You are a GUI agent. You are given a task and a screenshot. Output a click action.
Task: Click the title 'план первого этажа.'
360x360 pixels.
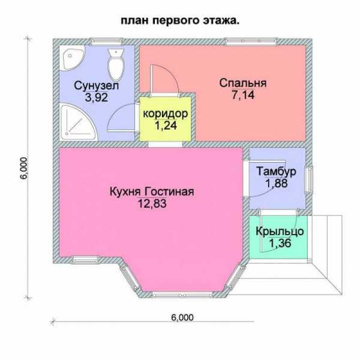[x=180, y=21]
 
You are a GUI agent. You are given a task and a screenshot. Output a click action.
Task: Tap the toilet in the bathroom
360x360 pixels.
[x=116, y=65]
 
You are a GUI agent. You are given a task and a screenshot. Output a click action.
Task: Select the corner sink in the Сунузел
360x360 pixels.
[x=71, y=57]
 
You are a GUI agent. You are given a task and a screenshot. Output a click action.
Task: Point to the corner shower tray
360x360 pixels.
[x=77, y=122]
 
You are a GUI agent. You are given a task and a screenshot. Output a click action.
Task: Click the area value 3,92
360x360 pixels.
[x=96, y=97]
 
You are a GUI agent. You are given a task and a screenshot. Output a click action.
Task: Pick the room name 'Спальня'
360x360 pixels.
[x=243, y=83]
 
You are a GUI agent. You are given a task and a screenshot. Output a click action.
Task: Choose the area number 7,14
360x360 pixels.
[x=243, y=95]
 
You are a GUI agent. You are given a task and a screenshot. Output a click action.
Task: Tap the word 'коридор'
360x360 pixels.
[x=166, y=113]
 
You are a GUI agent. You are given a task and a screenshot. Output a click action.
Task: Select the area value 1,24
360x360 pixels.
[x=166, y=125]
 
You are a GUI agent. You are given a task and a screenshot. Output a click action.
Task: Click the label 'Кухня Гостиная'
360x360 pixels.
[x=152, y=191]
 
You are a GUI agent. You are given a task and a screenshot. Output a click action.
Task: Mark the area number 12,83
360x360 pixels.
[x=152, y=203]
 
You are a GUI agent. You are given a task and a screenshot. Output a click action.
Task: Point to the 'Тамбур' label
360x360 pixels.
[x=276, y=172]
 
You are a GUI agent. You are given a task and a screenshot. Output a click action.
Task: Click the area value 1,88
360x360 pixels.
[x=277, y=183]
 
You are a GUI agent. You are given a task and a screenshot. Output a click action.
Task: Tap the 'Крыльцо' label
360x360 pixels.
[x=280, y=232]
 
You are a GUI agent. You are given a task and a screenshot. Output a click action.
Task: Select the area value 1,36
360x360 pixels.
[x=280, y=244]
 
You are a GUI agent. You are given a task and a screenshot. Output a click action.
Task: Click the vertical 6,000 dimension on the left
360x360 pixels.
[x=23, y=168]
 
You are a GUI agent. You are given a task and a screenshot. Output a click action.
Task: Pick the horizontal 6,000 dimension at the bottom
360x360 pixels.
[x=182, y=317]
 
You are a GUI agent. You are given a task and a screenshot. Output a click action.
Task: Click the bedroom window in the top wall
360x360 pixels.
[x=251, y=41]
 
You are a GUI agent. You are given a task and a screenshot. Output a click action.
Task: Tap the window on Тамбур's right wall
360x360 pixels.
[x=309, y=179]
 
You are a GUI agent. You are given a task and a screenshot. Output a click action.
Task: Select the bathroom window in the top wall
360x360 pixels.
[x=106, y=41]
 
